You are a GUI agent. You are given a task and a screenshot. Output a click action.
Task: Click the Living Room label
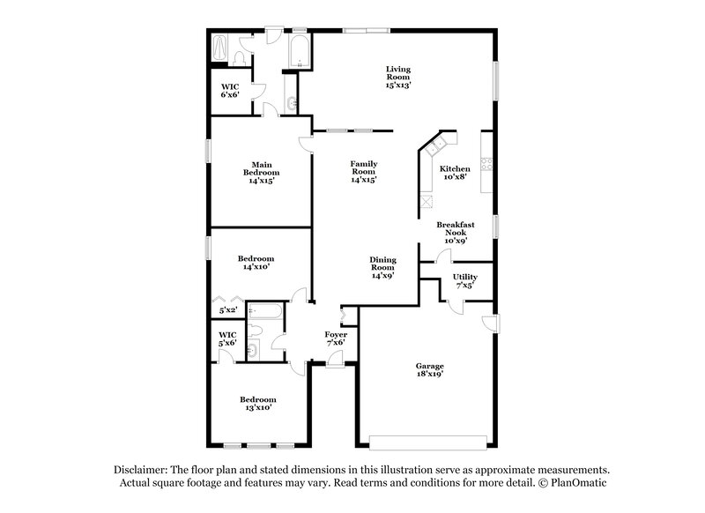coord(398,77)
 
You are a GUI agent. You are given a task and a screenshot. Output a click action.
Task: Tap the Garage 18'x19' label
coord(430,370)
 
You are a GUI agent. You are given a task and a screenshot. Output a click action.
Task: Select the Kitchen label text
coord(455,168)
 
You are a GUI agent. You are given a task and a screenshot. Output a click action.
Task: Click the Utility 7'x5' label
coord(465,281)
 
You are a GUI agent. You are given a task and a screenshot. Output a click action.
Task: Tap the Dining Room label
coord(382,267)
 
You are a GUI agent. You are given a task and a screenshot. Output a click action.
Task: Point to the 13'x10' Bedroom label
coord(258,404)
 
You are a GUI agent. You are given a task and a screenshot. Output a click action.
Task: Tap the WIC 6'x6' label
coord(230,91)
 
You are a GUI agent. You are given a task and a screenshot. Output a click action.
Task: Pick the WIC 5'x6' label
coord(228,338)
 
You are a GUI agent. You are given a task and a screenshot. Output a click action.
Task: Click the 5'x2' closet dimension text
coord(227,310)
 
